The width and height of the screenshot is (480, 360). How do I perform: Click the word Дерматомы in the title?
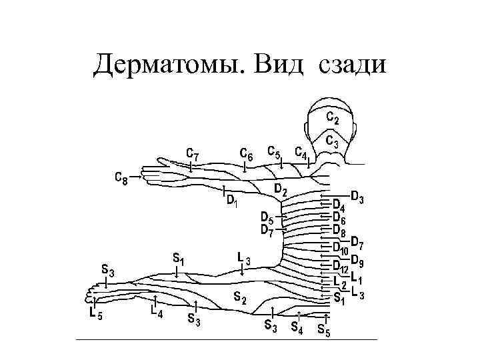(x=170, y=65)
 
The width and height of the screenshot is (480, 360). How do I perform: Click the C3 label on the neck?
(x=332, y=141)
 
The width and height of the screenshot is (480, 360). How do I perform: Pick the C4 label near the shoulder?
(x=301, y=154)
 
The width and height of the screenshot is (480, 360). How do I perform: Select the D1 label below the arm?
(x=232, y=199)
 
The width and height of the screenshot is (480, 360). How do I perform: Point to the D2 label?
(x=281, y=189)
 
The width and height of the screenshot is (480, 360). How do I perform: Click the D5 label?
(x=267, y=219)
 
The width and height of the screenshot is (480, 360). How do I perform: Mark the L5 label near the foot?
(x=95, y=314)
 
